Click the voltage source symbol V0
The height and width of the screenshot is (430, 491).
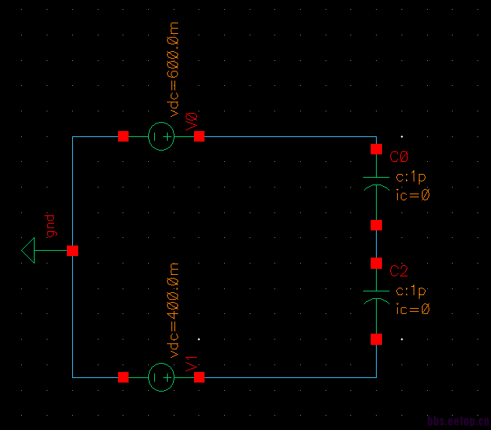coord(161,136)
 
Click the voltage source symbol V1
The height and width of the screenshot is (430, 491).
coord(161,377)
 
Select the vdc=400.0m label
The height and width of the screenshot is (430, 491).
coord(174,310)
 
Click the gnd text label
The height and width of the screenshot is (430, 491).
coord(50,226)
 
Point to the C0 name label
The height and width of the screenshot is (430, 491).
coord(399,157)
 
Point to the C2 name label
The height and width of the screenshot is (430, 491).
coord(399,271)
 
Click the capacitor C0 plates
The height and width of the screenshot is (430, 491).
coord(376,183)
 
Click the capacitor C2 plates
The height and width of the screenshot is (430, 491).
coord(376,297)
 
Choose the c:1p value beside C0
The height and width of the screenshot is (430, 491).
coord(411,178)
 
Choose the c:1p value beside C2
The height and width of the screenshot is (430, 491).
coord(411,291)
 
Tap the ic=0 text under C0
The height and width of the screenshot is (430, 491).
coord(413,196)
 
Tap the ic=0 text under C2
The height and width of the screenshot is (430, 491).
coord(413,310)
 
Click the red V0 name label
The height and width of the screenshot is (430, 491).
coord(191,120)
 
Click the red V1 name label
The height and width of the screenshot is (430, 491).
coord(191,361)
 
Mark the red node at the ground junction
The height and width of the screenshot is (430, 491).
coord(73,250)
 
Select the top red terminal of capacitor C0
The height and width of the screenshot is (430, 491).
coord(376,149)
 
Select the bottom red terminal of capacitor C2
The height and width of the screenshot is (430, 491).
coord(376,339)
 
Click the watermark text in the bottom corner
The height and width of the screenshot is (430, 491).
coord(458,422)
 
